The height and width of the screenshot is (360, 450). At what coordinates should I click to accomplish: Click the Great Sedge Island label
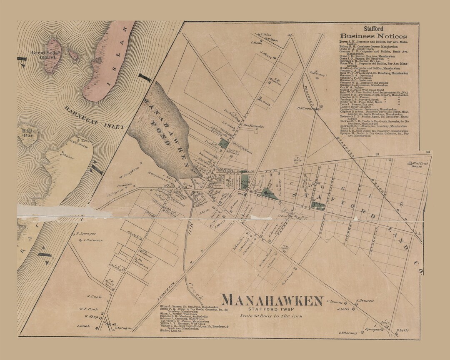[43, 55]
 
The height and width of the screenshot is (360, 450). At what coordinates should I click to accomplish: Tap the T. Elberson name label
[348, 332]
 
